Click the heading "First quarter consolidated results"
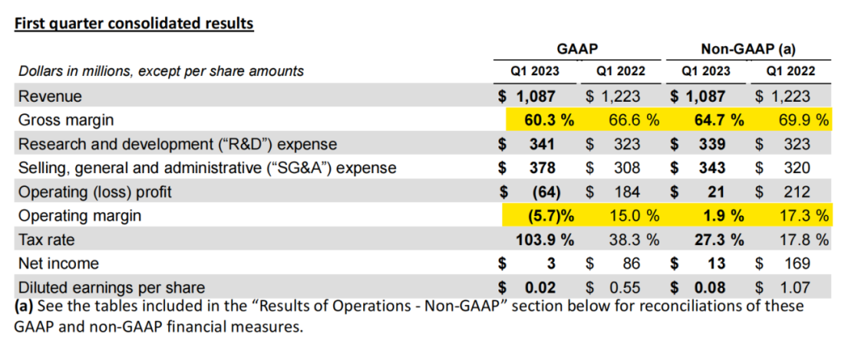[134, 23]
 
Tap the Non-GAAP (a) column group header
[748, 49]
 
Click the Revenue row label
[49, 96]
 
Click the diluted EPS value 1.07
[794, 287]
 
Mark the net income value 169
[798, 264]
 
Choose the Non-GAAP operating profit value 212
[798, 192]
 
